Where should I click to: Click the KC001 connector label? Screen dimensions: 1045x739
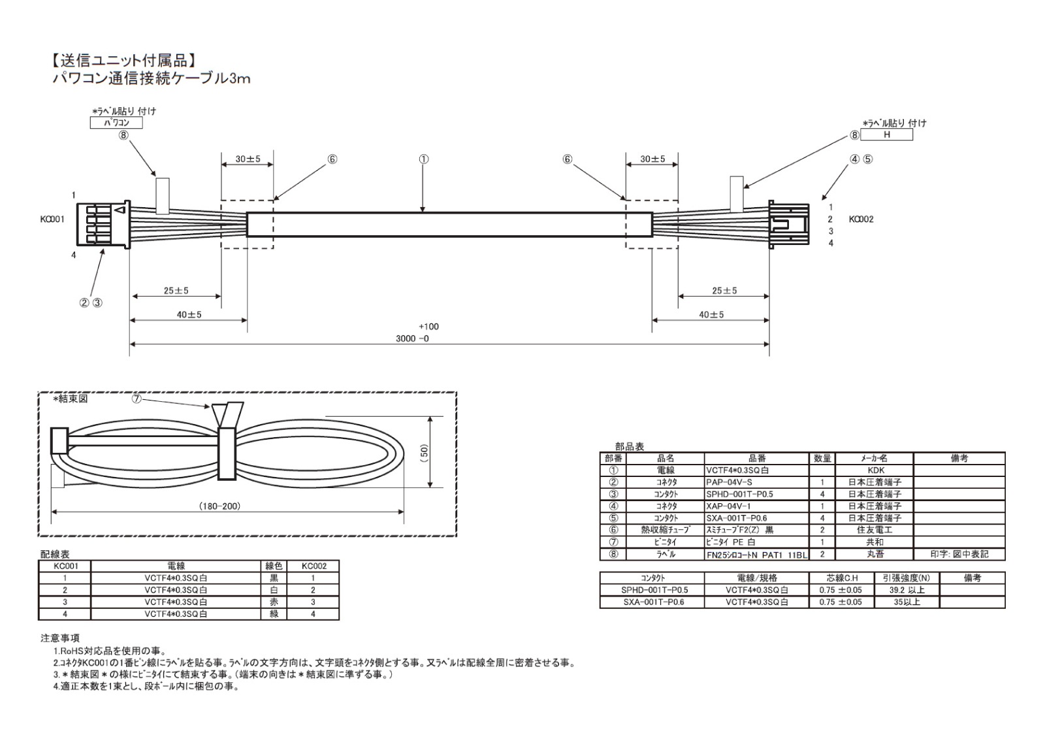click(x=52, y=220)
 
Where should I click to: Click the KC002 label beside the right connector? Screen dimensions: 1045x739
click(x=861, y=220)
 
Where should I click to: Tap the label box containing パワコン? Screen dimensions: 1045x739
click(x=116, y=123)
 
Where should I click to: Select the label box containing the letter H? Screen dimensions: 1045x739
click(x=886, y=135)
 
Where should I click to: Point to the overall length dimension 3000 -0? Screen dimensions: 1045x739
click(x=412, y=338)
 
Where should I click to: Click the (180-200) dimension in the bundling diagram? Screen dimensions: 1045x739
click(x=219, y=506)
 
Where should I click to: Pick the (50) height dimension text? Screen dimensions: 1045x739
click(x=424, y=452)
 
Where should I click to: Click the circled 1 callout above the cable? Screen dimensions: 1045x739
click(x=423, y=159)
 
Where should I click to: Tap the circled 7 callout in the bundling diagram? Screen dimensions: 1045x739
click(x=137, y=399)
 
